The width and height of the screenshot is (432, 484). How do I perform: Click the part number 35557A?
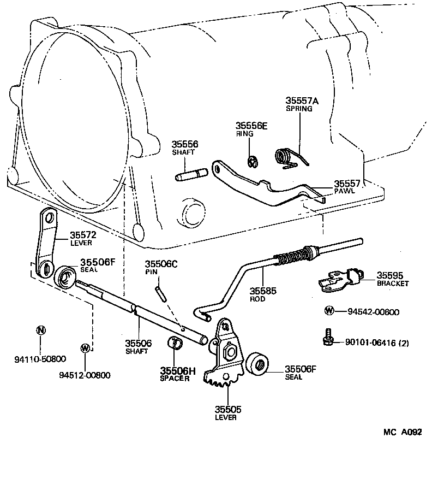302,101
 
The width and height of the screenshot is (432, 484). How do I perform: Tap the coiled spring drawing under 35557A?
286,157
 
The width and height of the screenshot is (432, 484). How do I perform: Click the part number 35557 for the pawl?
349,185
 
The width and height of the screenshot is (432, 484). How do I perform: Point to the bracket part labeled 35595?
339,279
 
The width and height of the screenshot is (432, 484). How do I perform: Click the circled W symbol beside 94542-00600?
329,311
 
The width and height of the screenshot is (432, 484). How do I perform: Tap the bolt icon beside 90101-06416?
327,337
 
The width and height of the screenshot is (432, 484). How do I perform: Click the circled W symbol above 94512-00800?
85,347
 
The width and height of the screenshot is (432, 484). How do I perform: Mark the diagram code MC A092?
402,432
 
